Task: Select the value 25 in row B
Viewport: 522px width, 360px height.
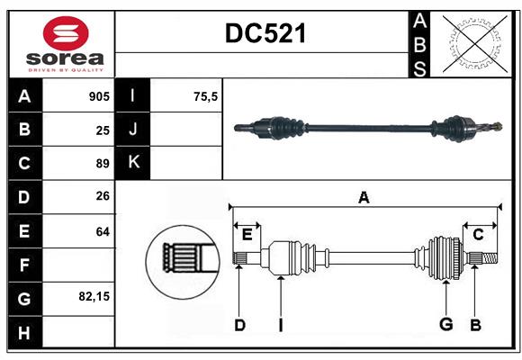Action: coord(103,130)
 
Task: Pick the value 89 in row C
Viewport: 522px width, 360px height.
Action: coord(103,164)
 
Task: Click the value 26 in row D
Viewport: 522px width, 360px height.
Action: coord(103,197)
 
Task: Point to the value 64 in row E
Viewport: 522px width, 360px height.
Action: coord(103,231)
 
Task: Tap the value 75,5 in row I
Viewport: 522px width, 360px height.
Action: coord(206,95)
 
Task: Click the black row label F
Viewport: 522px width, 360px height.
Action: coord(24,265)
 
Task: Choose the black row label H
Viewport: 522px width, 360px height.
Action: coord(24,333)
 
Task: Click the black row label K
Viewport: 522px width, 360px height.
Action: coord(133,163)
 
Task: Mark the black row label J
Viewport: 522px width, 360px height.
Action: coord(133,130)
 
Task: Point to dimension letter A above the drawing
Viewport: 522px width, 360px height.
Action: coord(364,197)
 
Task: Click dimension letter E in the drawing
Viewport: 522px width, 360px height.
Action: coord(247,235)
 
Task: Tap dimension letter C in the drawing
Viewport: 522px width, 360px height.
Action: coord(478,235)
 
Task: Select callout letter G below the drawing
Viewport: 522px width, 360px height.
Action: coord(445,325)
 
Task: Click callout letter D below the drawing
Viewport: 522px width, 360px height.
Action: coord(239,325)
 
